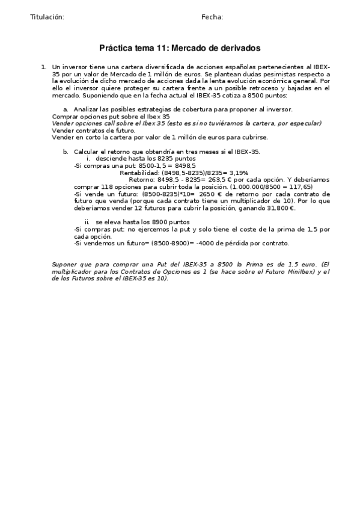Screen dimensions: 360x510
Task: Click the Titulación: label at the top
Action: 47,17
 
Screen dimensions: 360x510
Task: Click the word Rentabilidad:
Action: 139,172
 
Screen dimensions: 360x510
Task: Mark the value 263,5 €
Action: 215,179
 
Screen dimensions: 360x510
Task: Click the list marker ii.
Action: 87,222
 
